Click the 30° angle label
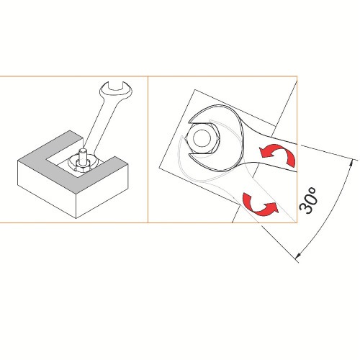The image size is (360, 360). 308,200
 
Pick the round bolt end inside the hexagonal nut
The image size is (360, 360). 202,138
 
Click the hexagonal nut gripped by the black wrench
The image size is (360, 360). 202,138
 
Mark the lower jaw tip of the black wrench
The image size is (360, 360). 190,155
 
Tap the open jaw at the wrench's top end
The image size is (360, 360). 116,91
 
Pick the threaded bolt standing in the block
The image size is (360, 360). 82,156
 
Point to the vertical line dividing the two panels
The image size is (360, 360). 148,150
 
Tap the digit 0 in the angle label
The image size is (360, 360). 310,197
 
